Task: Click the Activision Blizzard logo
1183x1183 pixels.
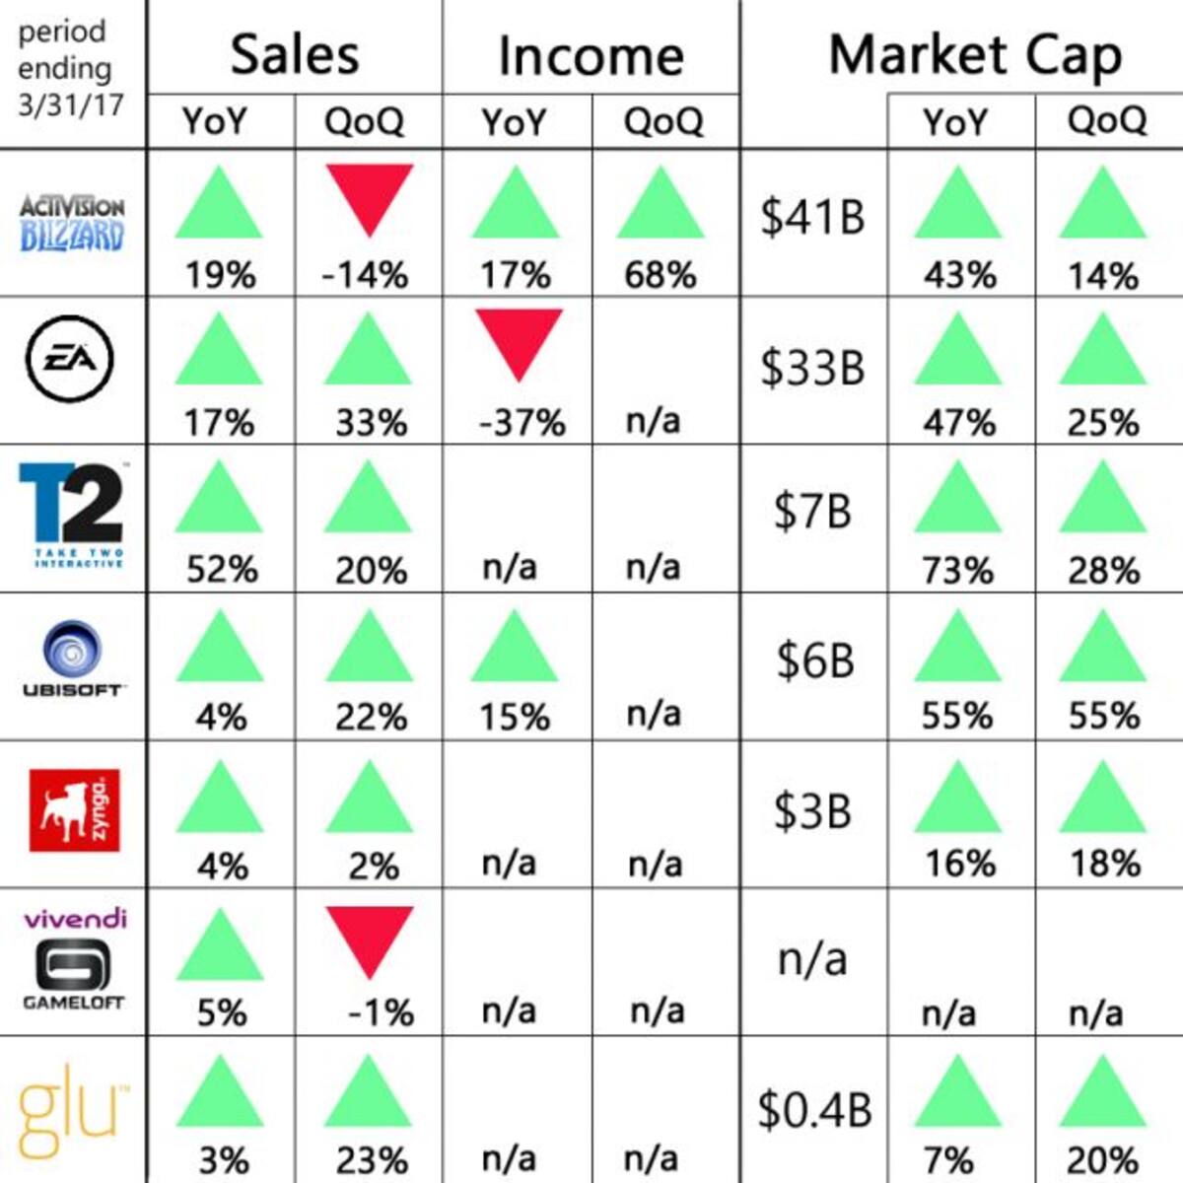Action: [72, 224]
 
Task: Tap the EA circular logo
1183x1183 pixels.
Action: [69, 359]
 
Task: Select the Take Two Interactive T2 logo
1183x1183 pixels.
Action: [72, 515]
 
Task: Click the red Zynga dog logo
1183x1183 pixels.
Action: [74, 809]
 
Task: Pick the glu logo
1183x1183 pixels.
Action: [72, 1119]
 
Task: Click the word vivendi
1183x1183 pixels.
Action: [75, 919]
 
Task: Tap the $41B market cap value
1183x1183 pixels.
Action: [812, 217]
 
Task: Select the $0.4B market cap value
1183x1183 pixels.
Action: [814, 1110]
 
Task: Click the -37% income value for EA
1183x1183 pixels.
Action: [522, 422]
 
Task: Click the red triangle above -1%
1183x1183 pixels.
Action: [369, 942]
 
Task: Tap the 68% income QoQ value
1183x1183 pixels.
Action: [661, 274]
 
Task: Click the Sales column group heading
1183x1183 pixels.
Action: [295, 55]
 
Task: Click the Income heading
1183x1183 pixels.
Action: [591, 56]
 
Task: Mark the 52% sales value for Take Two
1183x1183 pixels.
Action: [222, 571]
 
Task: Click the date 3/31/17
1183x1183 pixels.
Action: [71, 105]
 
